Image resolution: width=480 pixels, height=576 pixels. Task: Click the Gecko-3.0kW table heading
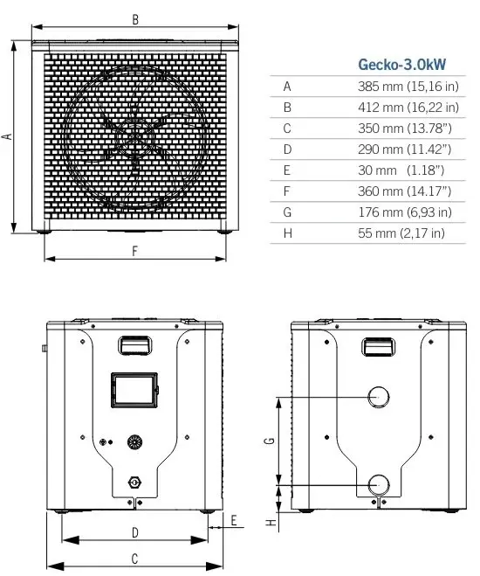(408, 64)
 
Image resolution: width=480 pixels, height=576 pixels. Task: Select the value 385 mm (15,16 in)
(408, 87)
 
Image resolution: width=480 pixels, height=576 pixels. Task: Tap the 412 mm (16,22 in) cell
(408, 108)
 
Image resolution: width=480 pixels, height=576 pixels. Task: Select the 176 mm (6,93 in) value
(404, 212)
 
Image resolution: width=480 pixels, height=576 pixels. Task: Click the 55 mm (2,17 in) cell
(401, 232)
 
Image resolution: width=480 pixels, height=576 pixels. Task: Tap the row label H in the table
(287, 232)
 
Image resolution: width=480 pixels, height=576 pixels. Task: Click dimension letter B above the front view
(134, 18)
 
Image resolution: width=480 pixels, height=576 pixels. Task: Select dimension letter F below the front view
(134, 252)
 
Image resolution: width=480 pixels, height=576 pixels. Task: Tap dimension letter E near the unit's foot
(234, 520)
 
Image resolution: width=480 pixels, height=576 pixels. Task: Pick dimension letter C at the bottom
(134, 558)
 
